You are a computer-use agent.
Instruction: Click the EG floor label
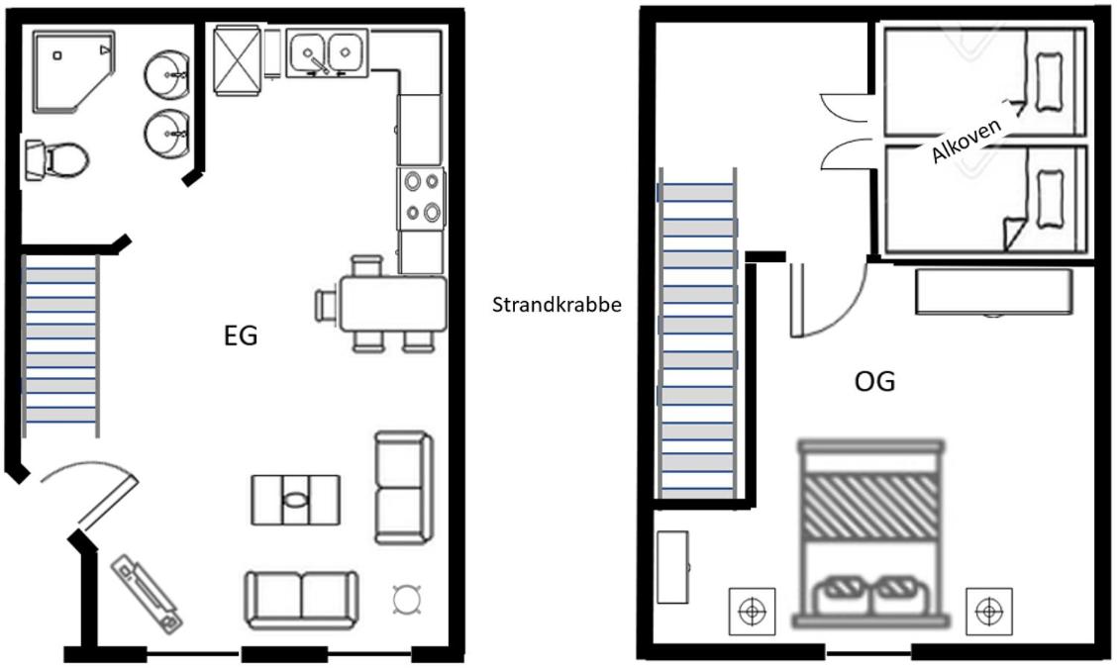tap(241, 336)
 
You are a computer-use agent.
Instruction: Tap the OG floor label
tap(874, 381)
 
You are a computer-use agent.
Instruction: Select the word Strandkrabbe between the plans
tap(557, 305)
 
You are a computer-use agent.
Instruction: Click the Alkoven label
tap(967, 140)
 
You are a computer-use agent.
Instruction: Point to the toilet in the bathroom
tap(57, 158)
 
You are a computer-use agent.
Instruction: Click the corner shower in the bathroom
tap(72, 72)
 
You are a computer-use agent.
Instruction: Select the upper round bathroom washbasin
tap(166, 72)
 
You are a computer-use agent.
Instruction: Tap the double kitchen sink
tap(327, 51)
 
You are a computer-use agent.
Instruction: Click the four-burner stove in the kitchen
tap(420, 198)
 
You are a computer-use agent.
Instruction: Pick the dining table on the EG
tap(393, 304)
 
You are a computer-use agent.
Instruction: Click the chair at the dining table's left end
tap(327, 304)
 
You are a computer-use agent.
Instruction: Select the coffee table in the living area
tap(295, 500)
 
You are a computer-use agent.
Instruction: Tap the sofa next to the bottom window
tap(301, 599)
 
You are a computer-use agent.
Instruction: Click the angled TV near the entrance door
tap(147, 594)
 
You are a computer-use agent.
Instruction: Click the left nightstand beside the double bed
tap(753, 612)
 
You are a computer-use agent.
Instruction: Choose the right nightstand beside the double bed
tap(987, 612)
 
